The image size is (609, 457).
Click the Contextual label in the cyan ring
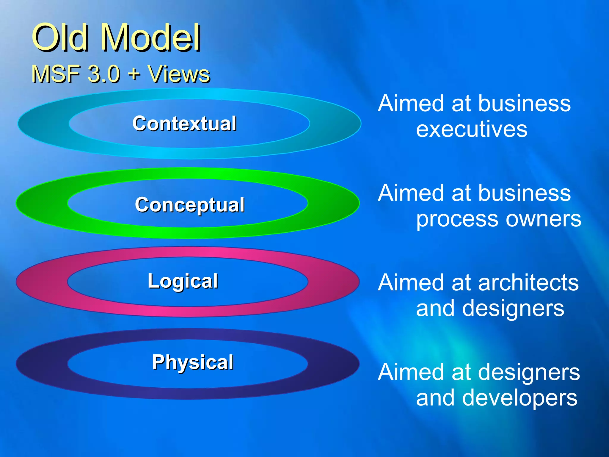pyautogui.click(x=185, y=123)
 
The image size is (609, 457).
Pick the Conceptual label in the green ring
pyautogui.click(x=190, y=205)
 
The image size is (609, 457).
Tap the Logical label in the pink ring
pyautogui.click(x=183, y=281)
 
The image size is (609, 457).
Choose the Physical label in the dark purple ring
pyautogui.click(x=193, y=362)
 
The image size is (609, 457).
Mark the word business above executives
pyautogui.click(x=525, y=104)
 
